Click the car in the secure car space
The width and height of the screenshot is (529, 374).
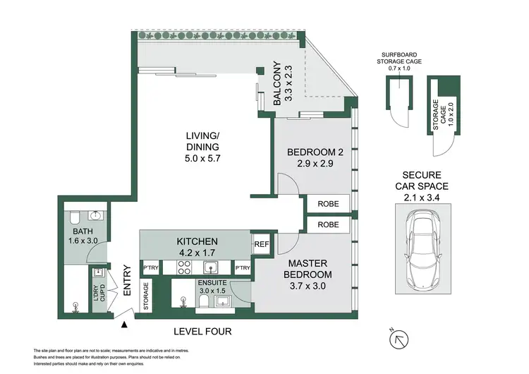click(x=423, y=249)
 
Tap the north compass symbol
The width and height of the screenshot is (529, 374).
click(x=399, y=339)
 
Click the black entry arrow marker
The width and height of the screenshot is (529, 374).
click(x=124, y=325)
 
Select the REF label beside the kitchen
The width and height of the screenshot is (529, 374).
click(x=262, y=244)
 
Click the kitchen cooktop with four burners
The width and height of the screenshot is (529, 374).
click(x=185, y=267)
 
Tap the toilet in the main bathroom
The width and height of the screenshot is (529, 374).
click(x=75, y=218)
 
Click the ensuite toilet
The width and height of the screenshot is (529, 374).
click(x=204, y=301)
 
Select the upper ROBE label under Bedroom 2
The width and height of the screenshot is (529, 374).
click(x=328, y=204)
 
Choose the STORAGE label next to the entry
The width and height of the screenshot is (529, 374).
click(x=146, y=296)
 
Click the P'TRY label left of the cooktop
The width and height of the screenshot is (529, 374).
click(x=150, y=267)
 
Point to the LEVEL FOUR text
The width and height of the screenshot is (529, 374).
click(x=202, y=332)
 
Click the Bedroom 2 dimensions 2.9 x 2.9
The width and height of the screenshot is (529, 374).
click(x=315, y=164)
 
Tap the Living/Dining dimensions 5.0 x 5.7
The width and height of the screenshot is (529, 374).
click(x=202, y=158)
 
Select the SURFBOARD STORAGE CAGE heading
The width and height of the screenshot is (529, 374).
click(x=399, y=58)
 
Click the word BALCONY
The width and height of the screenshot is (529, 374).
click(x=277, y=83)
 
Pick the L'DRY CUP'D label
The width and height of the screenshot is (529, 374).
click(x=99, y=293)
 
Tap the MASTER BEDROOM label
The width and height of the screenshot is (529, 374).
click(x=308, y=269)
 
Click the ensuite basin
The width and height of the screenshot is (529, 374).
click(x=222, y=301)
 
